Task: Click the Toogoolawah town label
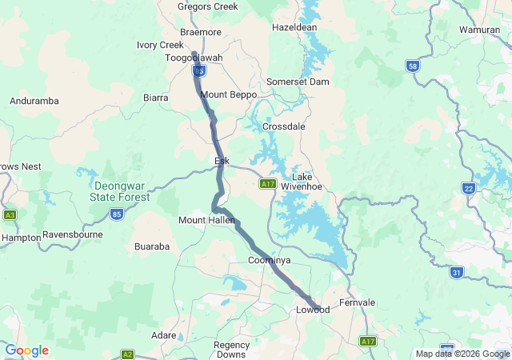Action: pos(194,58)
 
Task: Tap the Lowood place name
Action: pos(312,310)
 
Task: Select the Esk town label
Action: pos(222,161)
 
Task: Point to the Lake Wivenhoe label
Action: pos(306,182)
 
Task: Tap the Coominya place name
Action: pos(269,262)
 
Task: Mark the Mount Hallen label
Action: pos(205,220)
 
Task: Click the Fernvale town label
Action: pos(357,302)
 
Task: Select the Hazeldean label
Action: pos(294,26)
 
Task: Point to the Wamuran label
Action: pos(480,30)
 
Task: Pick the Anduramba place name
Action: pos(33,101)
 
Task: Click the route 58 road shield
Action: pos(412,66)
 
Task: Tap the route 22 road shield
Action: pos(469,188)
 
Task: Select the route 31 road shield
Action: pos(456,273)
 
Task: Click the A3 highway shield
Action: pos(10,215)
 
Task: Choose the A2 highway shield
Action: pos(127,354)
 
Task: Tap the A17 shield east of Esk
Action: pos(268,184)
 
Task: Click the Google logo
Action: pos(26,350)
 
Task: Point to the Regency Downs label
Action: pos(231,350)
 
